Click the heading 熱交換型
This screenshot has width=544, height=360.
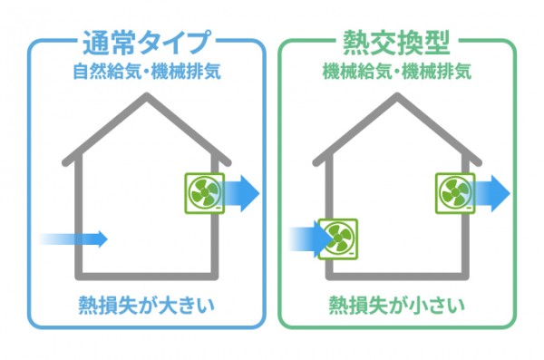pos(397,42)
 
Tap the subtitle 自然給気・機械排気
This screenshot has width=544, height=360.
pos(146,70)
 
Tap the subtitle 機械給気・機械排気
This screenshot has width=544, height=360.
pos(397,70)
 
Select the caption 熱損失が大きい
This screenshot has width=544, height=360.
pos(146,305)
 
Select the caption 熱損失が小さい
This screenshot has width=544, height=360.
pos(397,305)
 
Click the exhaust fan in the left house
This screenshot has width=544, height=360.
pos(204,193)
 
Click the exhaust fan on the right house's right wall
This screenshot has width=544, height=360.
pos(454,192)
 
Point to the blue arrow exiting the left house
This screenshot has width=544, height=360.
pos(241,193)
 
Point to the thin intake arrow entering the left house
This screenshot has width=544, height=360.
pos(74,238)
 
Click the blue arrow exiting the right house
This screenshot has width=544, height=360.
pos(491,192)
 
